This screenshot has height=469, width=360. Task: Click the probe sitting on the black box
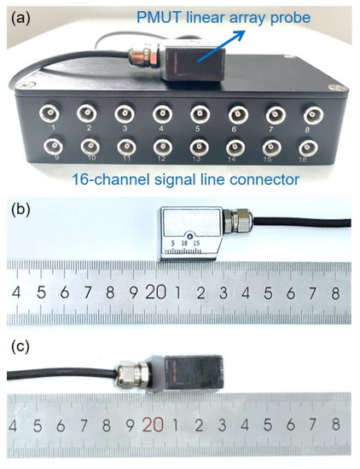click(x=192, y=65)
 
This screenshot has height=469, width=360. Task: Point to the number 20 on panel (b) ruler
click(x=155, y=293)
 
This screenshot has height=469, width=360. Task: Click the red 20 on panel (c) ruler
click(x=154, y=424)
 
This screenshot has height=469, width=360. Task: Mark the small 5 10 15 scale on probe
click(x=185, y=246)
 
